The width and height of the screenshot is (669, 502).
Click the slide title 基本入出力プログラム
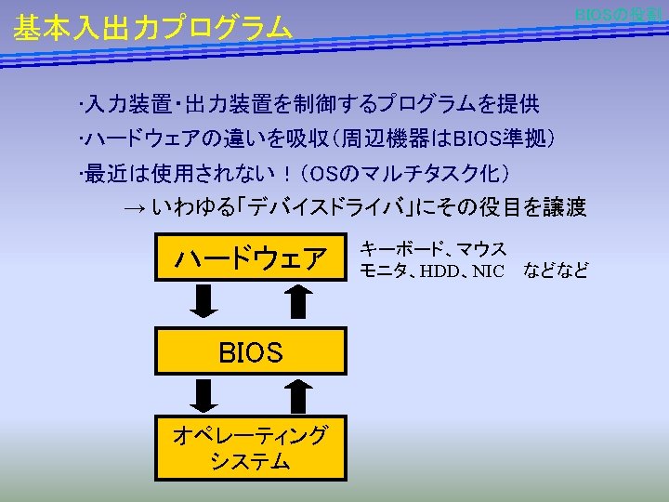click(x=152, y=29)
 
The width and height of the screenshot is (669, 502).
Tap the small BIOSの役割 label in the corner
click(x=617, y=15)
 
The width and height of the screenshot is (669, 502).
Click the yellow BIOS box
click(x=251, y=352)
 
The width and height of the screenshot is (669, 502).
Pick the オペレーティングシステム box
click(x=251, y=446)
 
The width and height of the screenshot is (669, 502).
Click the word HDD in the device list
click(x=439, y=271)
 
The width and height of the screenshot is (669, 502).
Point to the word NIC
click(x=488, y=271)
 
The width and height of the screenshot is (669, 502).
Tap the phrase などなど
click(x=556, y=271)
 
